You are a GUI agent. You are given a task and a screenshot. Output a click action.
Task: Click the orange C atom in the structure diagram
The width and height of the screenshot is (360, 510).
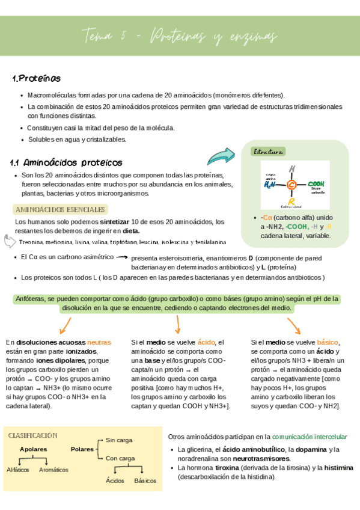[x=291, y=185]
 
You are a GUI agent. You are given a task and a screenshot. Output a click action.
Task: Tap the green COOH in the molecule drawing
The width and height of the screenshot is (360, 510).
[x=316, y=184]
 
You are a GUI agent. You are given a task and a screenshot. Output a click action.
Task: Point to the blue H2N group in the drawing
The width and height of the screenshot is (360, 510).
[x=270, y=185]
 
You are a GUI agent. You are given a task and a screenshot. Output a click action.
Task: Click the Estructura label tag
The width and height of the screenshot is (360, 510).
[x=269, y=152]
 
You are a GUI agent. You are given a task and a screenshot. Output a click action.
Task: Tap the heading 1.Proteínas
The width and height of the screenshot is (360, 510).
[x=36, y=79]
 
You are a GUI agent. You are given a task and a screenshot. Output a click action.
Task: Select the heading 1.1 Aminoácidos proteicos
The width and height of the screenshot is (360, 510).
[x=66, y=162]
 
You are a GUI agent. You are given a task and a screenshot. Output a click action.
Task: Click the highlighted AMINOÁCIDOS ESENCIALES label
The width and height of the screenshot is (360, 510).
[x=59, y=209]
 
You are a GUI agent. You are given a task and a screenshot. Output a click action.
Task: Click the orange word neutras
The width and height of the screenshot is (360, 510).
[x=99, y=342]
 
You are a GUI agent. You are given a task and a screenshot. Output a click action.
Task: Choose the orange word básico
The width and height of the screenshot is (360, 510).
[x=328, y=342]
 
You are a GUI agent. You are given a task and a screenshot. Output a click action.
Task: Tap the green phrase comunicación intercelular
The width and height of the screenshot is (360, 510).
[x=309, y=436]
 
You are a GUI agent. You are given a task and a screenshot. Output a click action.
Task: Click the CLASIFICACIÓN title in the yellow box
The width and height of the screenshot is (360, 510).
[x=33, y=435]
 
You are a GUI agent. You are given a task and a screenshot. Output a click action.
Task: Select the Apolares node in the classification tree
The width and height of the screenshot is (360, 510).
[x=33, y=449]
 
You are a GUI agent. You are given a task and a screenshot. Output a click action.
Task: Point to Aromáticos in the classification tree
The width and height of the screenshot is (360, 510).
[x=53, y=470]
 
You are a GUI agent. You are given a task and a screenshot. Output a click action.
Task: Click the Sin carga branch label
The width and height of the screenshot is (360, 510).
[x=118, y=440]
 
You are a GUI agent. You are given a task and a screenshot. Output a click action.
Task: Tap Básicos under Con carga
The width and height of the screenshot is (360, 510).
[x=145, y=481]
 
